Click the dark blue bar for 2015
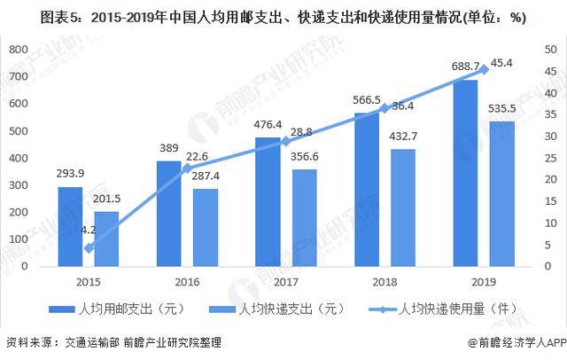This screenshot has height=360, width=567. [x=71, y=226]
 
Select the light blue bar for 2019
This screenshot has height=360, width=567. [x=501, y=193]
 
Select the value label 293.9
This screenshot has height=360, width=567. [x=71, y=174]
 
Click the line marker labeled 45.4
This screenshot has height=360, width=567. [x=484, y=69]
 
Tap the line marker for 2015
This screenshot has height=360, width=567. [x=89, y=248]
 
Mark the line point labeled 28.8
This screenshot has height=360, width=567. [x=286, y=141]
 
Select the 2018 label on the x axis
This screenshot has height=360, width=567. [x=384, y=282]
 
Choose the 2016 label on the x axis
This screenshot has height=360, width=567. [x=187, y=282]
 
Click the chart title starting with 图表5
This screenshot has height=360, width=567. [x=265, y=16]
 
